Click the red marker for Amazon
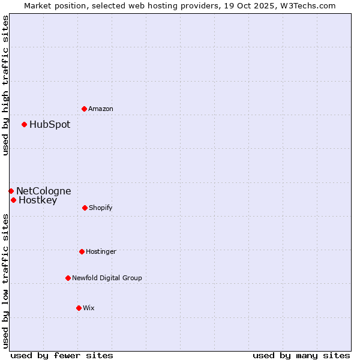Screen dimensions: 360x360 84,109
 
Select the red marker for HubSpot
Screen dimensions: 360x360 24,124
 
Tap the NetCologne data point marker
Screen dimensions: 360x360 11,191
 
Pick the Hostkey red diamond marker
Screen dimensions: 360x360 13,200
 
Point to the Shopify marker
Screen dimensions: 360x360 85,208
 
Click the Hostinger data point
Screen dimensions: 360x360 82,251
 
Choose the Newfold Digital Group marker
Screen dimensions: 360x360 68,278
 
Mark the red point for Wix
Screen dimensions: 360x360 79,308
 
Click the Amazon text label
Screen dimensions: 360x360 101,109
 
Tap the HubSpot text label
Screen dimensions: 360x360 50,125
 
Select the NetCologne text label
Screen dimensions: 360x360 43,191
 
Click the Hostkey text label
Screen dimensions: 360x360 38,200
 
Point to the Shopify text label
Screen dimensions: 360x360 101,208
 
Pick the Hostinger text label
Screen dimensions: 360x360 101,251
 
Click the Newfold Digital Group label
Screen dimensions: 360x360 107,278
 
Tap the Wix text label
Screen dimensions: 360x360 89,308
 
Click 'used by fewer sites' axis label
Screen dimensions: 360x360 62,355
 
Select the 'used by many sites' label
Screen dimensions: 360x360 301,355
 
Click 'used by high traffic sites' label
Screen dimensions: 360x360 5,85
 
